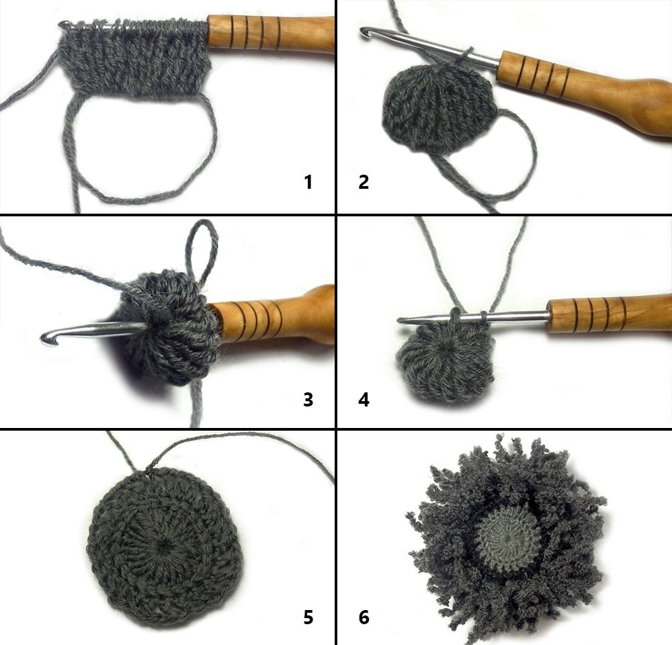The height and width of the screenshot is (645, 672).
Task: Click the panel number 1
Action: click(x=308, y=182)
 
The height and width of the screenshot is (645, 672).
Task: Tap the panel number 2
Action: click(x=364, y=182)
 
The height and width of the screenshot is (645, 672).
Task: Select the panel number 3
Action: click(x=308, y=399)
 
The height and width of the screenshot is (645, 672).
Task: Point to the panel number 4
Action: click(x=364, y=399)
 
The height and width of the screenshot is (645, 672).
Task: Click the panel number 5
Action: click(x=308, y=617)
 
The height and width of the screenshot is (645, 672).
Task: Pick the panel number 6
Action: click(x=364, y=617)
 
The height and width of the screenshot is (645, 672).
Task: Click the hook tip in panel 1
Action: click(x=63, y=24)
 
